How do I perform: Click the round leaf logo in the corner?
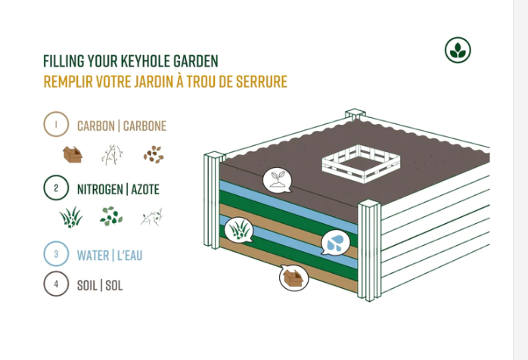[458, 50]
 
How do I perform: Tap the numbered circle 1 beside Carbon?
[56, 126]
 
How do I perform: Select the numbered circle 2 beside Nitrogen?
[56, 188]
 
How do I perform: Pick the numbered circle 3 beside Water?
[56, 254]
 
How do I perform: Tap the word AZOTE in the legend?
[145, 189]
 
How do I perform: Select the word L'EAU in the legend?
[129, 255]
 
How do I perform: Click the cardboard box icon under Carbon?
[73, 155]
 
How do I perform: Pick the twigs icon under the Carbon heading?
[113, 154]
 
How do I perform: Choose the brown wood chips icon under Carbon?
[154, 155]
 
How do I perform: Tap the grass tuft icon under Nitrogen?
[71, 218]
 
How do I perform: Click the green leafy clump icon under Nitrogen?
[111, 218]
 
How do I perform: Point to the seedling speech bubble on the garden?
[277, 180]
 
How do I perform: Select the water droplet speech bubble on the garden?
[335, 242]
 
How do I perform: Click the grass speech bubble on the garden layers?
[238, 228]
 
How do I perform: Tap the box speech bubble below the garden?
[294, 277]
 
